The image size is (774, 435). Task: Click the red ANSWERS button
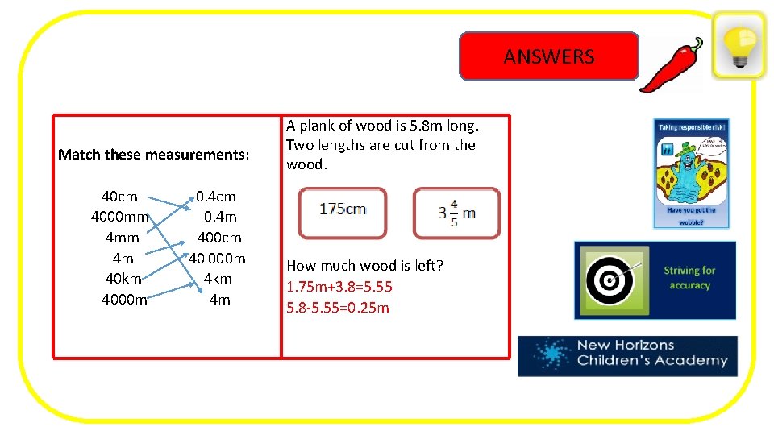[x=548, y=56]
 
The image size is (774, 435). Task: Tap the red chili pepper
[x=671, y=64]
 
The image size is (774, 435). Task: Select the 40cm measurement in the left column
[x=119, y=197]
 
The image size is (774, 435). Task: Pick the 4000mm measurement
[x=120, y=217]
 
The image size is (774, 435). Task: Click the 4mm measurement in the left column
[x=122, y=238]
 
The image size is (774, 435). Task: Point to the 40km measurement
[x=123, y=279]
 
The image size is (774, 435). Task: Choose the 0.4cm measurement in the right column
[x=216, y=197]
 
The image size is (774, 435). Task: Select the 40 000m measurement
[x=217, y=259]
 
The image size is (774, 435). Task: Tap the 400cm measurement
[x=219, y=238]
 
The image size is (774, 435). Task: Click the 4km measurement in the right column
[x=218, y=279]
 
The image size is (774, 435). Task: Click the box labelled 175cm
[x=343, y=212]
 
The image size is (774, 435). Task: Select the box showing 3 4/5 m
[x=456, y=213]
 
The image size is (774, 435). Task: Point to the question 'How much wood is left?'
[x=365, y=266]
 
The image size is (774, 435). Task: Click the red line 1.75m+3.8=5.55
[x=339, y=287]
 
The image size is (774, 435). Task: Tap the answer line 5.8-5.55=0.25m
[x=338, y=308]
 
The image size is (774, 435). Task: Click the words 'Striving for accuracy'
[x=689, y=278]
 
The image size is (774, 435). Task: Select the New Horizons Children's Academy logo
[x=627, y=355]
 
